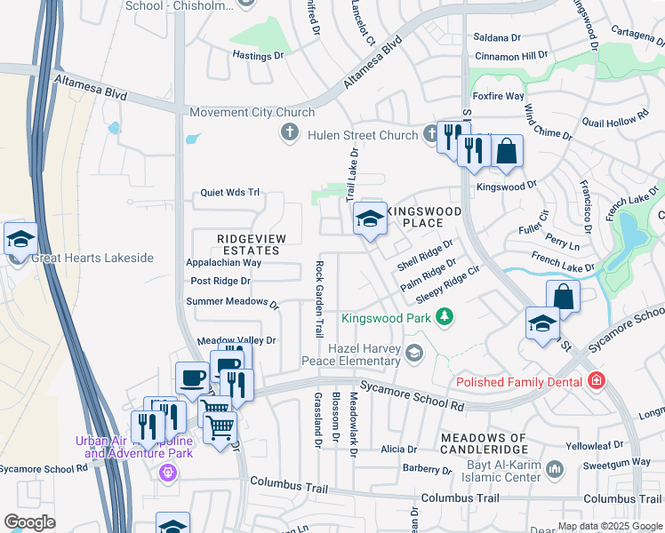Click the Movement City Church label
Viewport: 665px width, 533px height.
point(252,113)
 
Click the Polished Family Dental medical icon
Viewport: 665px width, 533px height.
point(596,382)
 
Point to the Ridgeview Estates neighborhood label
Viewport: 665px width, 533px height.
point(249,244)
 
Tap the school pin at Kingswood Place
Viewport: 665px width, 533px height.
point(369,219)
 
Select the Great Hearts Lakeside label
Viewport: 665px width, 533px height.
point(92,259)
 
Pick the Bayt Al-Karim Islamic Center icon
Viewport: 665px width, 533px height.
point(554,468)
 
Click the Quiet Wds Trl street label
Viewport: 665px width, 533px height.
point(229,192)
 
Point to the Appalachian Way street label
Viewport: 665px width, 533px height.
point(223,263)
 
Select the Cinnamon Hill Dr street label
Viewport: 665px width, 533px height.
point(511,55)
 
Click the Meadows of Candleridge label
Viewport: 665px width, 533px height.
point(485,438)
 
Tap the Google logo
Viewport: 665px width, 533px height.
point(30,522)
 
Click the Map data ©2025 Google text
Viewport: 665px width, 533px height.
point(609,526)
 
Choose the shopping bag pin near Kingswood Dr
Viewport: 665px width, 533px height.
point(507,151)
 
